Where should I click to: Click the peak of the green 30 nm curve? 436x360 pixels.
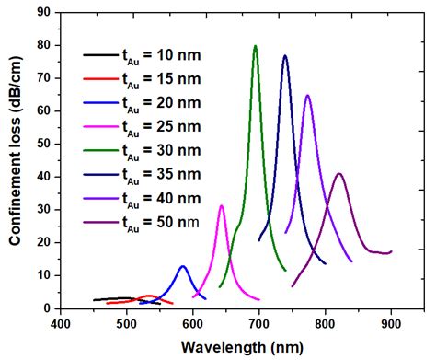point(256,46)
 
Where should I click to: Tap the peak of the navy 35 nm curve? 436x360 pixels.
point(285,56)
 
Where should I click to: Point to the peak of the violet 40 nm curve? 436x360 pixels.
point(307,96)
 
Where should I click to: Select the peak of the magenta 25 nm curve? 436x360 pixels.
point(222,205)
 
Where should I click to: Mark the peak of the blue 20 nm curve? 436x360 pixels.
point(183,266)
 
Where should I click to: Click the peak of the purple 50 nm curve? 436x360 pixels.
point(339,173)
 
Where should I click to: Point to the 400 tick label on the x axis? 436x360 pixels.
point(61,325)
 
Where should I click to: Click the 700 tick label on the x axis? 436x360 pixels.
point(259,325)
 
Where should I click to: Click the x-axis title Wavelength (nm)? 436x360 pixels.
point(246,347)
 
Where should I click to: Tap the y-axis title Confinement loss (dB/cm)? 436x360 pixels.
point(16,161)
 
